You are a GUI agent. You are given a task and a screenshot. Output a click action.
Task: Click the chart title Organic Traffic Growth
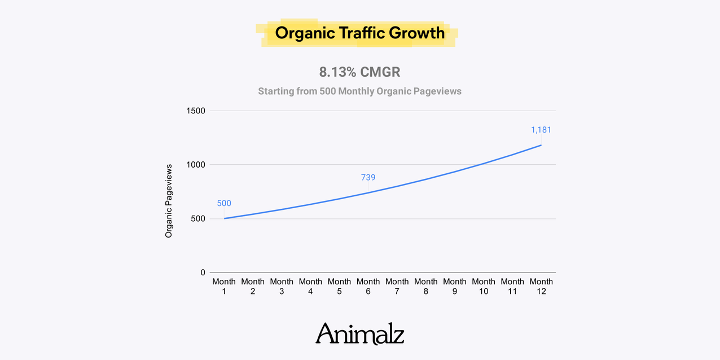[x=359, y=33]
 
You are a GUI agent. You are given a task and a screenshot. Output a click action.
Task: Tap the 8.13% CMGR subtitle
[x=359, y=72]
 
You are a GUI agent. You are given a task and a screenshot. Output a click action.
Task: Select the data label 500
[x=224, y=204]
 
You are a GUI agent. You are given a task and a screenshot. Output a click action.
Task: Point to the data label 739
[x=368, y=178]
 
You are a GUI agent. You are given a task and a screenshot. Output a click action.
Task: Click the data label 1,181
[x=541, y=130]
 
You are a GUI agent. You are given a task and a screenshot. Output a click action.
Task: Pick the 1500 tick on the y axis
[x=196, y=111]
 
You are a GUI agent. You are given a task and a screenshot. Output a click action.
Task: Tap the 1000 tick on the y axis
[x=196, y=165]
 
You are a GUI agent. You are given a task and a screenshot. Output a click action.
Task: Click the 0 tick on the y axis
[x=203, y=273]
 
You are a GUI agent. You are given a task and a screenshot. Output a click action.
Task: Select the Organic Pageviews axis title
[x=169, y=201]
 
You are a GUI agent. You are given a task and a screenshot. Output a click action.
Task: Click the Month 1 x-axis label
[x=224, y=286]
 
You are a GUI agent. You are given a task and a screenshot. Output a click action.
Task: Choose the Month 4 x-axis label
[x=310, y=286]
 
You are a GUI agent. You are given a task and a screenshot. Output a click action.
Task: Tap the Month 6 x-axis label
[x=368, y=286]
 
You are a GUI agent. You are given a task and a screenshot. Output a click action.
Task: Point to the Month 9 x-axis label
[x=454, y=286]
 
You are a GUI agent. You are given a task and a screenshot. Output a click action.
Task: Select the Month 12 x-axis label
[x=541, y=286]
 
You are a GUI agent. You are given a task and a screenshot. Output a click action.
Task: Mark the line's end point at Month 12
[x=541, y=145]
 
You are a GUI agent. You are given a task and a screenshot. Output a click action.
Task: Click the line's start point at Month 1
[x=224, y=218]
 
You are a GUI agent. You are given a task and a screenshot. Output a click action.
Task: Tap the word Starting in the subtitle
[x=275, y=91]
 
